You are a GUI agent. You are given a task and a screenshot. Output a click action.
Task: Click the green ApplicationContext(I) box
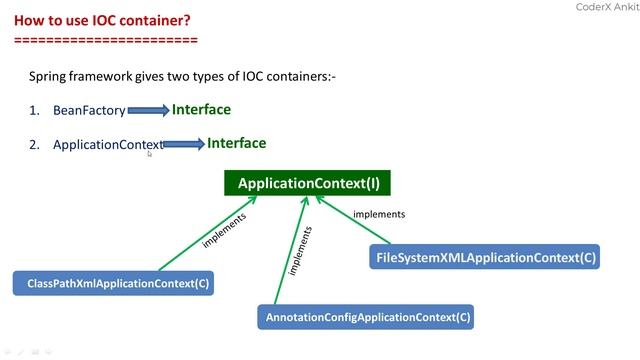[308, 183]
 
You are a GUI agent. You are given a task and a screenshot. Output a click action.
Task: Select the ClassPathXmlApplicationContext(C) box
[113, 283]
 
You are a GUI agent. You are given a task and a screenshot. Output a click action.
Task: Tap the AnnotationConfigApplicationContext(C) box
[365, 317]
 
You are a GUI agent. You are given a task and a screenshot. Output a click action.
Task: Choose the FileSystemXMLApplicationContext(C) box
[485, 258]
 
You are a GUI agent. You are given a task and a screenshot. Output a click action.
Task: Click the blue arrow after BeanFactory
[148, 111]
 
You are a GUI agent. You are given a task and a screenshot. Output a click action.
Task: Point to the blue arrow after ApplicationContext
[183, 145]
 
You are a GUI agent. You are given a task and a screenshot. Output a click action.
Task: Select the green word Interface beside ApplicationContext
[236, 143]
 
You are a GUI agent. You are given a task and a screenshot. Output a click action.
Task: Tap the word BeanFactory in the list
[89, 111]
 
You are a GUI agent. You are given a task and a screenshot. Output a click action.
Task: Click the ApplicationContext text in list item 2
[107, 145]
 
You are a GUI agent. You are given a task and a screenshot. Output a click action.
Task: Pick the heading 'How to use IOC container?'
[96, 20]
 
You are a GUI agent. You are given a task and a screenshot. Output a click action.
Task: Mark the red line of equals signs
[106, 40]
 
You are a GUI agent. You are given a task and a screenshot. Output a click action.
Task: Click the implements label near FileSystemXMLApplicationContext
[380, 214]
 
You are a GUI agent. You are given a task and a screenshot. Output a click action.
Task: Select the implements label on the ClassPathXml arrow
[224, 229]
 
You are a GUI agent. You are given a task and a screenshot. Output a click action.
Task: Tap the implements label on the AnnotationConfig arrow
[301, 251]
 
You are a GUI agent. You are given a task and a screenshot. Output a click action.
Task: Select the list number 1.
[34, 111]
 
